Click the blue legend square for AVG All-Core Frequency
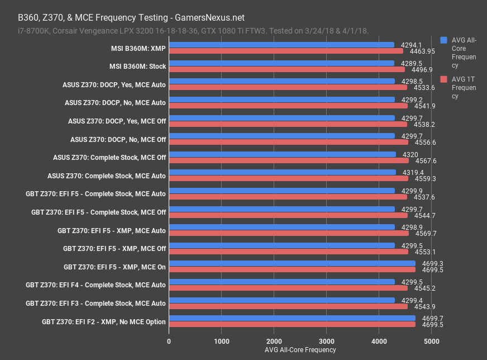click(443, 40)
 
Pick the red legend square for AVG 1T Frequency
click(443, 79)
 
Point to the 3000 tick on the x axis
click(327, 340)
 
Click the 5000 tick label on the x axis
click(431, 340)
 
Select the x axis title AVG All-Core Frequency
click(300, 350)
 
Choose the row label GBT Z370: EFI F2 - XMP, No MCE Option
click(104, 321)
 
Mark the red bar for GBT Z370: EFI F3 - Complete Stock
click(288, 306)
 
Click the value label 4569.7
click(425, 234)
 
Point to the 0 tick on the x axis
click(169, 340)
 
